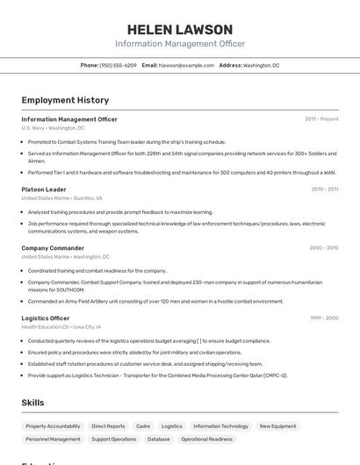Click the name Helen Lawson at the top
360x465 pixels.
pyautogui.click(x=179, y=30)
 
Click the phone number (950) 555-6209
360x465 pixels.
pyautogui.click(x=118, y=65)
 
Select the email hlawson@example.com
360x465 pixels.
pyautogui.click(x=186, y=65)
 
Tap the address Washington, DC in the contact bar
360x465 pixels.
pyautogui.click(x=261, y=65)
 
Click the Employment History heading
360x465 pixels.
pyautogui.click(x=65, y=100)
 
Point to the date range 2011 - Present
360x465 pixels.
pyautogui.click(x=321, y=119)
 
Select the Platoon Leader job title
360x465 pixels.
pyautogui.click(x=44, y=190)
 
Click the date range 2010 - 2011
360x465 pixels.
pyautogui.click(x=324, y=190)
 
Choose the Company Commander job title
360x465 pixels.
pyautogui.click(x=53, y=248)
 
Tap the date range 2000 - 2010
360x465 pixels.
pyautogui.click(x=323, y=248)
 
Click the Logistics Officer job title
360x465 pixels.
pyautogui.click(x=46, y=318)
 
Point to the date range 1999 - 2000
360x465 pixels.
pyautogui.click(x=323, y=318)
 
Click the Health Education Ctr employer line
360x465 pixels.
pyautogui.click(x=61, y=326)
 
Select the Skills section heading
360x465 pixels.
pyautogui.click(x=33, y=403)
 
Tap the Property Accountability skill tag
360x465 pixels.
pyautogui.click(x=53, y=426)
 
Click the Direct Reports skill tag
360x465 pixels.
pyautogui.click(x=108, y=426)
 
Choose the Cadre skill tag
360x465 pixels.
pyautogui.click(x=143, y=426)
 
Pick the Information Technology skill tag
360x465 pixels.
pyautogui.click(x=220, y=426)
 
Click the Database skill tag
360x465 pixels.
pyautogui.click(x=159, y=439)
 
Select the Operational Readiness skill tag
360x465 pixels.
pyautogui.click(x=206, y=439)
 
